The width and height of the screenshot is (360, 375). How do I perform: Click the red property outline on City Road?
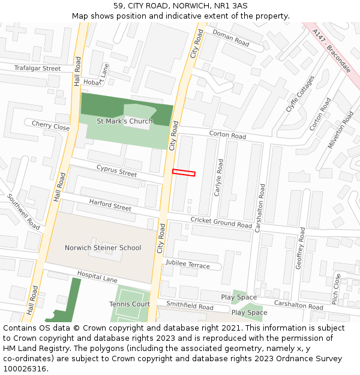point(184,173)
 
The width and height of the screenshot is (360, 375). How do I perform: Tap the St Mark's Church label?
point(125,121)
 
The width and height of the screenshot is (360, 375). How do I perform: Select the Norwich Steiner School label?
point(103,248)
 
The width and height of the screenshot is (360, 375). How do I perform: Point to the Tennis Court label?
point(130,304)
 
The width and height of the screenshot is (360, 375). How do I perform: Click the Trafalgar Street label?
point(38,68)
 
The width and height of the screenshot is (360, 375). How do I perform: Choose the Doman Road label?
point(230,38)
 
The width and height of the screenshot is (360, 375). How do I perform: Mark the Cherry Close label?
point(50,127)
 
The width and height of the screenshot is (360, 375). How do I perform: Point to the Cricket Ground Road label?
point(221,222)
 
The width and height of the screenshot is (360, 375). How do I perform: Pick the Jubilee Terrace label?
point(188,265)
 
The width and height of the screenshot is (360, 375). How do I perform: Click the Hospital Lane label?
point(97,279)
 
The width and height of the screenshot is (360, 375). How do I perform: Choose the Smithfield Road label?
point(190,307)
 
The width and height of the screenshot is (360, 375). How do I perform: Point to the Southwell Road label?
point(23,211)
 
